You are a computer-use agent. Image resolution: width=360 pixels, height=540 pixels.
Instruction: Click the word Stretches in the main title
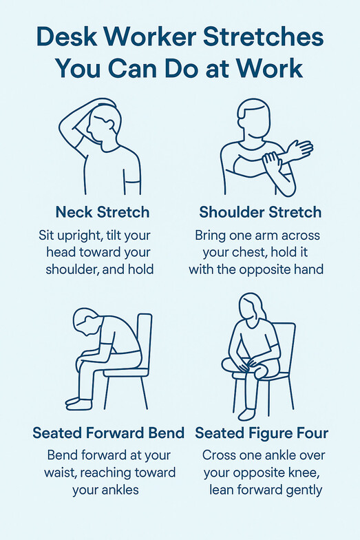click(x=263, y=37)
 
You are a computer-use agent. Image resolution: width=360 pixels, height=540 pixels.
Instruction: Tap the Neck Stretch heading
click(x=102, y=212)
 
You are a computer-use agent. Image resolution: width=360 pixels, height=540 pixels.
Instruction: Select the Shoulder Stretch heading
click(x=260, y=212)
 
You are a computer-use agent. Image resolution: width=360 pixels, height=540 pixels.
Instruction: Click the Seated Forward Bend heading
click(x=109, y=433)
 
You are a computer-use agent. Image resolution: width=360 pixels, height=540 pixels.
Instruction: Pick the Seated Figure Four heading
click(x=262, y=433)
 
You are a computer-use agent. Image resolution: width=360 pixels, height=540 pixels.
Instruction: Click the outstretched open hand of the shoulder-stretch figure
click(x=299, y=149)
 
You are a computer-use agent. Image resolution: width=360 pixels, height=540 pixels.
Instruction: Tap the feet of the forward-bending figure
click(x=79, y=404)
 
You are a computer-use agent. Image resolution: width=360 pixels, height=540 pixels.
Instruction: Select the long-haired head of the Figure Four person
click(x=252, y=307)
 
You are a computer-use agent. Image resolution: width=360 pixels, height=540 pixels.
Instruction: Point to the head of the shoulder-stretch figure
click(x=254, y=118)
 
